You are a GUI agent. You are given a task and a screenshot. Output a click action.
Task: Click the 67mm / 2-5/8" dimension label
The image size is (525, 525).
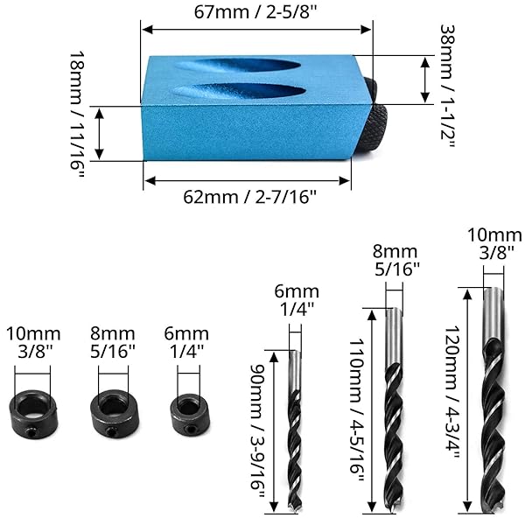pos(255,12)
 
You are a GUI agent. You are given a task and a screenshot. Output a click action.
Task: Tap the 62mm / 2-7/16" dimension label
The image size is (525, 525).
pos(249,197)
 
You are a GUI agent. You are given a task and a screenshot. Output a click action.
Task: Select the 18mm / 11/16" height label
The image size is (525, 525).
pos(77,115)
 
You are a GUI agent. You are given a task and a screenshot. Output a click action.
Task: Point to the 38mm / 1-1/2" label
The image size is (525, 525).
pos(447,86)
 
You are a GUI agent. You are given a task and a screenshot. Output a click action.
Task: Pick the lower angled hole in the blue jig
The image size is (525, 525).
pos(239,91)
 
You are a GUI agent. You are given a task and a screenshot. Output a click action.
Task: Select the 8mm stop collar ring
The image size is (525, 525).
pos(115,413)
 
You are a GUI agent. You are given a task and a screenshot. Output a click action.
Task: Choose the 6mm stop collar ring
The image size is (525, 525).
pos(191,414)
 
